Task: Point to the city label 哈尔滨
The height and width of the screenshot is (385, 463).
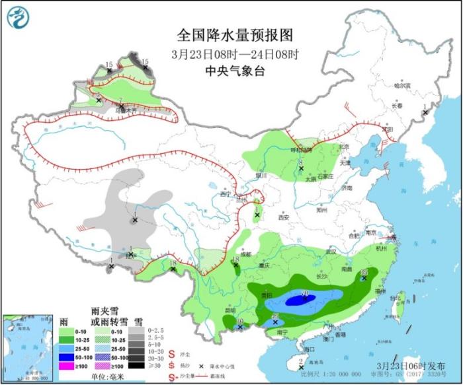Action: pyautogui.click(x=402, y=86)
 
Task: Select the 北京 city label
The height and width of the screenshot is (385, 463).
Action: pyautogui.click(x=343, y=147)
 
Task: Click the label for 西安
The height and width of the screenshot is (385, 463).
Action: pyautogui.click(x=284, y=217)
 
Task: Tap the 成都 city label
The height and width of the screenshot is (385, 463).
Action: pyautogui.click(x=245, y=254)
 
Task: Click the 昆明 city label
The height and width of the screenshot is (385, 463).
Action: pyautogui.click(x=230, y=310)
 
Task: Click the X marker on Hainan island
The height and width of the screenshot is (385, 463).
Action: pyautogui.click(x=301, y=367)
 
